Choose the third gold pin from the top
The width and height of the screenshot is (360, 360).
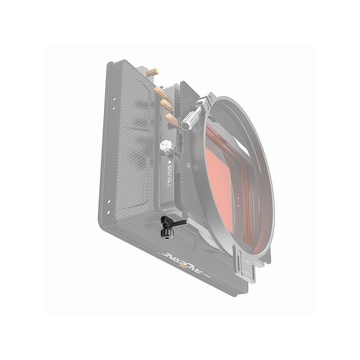(166, 104)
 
